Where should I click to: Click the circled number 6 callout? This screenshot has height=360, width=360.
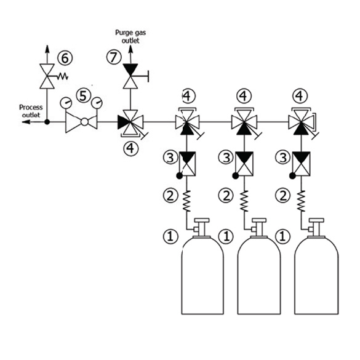coord(65,58)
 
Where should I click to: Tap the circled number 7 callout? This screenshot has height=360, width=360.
coord(114,57)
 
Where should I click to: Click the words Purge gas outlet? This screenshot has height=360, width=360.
coord(130,36)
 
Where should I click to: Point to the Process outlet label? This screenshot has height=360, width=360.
coord(31,111)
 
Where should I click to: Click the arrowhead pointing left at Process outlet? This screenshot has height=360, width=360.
coord(26,122)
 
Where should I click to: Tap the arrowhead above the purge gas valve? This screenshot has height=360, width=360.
coord(130,49)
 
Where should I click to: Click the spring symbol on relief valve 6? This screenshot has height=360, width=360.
coord(62,76)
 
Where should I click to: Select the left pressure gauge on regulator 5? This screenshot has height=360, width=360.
coord(66,103)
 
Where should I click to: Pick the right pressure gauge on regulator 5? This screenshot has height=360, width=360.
coord(97,103)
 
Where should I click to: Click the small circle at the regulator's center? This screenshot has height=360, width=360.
coord(84,122)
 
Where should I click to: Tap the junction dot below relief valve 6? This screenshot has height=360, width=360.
coord(47,122)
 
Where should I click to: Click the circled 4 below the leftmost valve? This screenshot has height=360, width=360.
coord(130,148)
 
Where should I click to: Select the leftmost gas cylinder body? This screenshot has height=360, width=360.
coord(202,275)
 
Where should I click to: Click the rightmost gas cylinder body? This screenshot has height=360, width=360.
coord(316,275)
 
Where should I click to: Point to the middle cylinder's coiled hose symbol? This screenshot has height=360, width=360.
coord(244,201)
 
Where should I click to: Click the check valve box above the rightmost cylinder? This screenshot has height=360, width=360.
coord(302,164)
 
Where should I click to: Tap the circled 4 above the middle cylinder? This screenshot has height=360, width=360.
coord(244,96)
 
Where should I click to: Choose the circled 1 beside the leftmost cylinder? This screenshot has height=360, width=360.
coord(170,236)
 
